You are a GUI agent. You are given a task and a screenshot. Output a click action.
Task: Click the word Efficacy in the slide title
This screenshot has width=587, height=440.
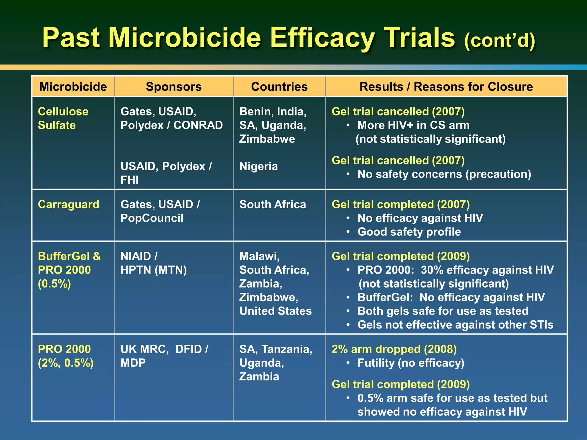322,38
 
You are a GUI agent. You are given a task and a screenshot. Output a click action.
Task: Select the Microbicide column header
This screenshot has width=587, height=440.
73,87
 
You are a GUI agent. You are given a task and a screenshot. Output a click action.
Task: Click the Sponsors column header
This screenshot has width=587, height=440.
174,87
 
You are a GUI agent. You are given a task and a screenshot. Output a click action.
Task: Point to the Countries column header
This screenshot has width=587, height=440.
279,87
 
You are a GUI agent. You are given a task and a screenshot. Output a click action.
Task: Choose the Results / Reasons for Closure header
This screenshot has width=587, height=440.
446,87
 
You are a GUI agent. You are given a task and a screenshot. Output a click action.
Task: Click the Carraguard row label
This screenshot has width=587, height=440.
69,205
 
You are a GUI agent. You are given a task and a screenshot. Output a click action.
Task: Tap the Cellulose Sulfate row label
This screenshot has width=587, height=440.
63,118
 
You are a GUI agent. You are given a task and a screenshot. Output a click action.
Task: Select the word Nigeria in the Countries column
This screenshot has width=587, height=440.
259,166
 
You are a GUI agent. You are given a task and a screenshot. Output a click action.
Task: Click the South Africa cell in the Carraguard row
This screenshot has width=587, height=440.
273,205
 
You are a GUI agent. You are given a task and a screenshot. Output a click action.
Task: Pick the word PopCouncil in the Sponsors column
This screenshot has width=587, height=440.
152,218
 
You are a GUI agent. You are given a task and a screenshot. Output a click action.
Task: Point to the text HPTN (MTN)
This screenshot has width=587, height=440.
154,270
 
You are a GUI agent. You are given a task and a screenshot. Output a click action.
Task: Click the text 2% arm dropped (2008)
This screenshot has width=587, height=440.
394,349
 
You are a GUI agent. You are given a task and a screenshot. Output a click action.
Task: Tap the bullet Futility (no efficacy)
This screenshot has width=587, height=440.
411,363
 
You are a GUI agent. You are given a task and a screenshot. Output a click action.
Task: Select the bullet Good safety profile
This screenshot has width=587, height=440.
409,232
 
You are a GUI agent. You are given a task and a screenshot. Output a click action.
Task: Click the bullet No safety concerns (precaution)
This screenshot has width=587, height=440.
444,174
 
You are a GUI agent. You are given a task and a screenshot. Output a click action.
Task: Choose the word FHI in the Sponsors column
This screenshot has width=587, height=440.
130,180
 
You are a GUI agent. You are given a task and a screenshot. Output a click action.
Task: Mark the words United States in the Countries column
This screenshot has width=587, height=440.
275,311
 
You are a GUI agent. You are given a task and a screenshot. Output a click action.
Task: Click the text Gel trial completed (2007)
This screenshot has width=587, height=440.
400,205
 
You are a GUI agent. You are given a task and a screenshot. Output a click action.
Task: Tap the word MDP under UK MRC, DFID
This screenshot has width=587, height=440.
133,363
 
